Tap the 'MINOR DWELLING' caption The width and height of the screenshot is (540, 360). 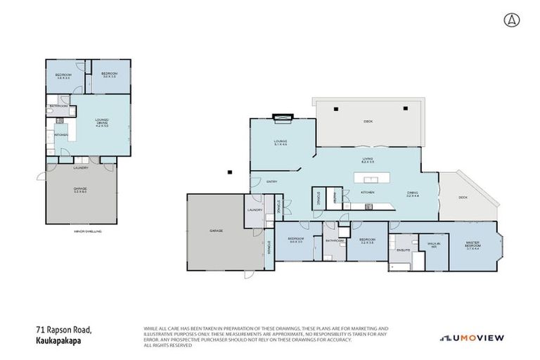tap(87, 231)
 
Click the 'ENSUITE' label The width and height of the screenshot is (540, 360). tap(403, 249)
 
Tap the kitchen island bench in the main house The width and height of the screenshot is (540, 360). tap(367, 176)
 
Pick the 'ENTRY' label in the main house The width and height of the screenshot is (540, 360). tap(271, 181)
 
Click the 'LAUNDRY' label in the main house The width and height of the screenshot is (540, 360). tap(254, 210)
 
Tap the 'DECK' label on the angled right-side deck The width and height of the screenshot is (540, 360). tap(463, 198)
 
